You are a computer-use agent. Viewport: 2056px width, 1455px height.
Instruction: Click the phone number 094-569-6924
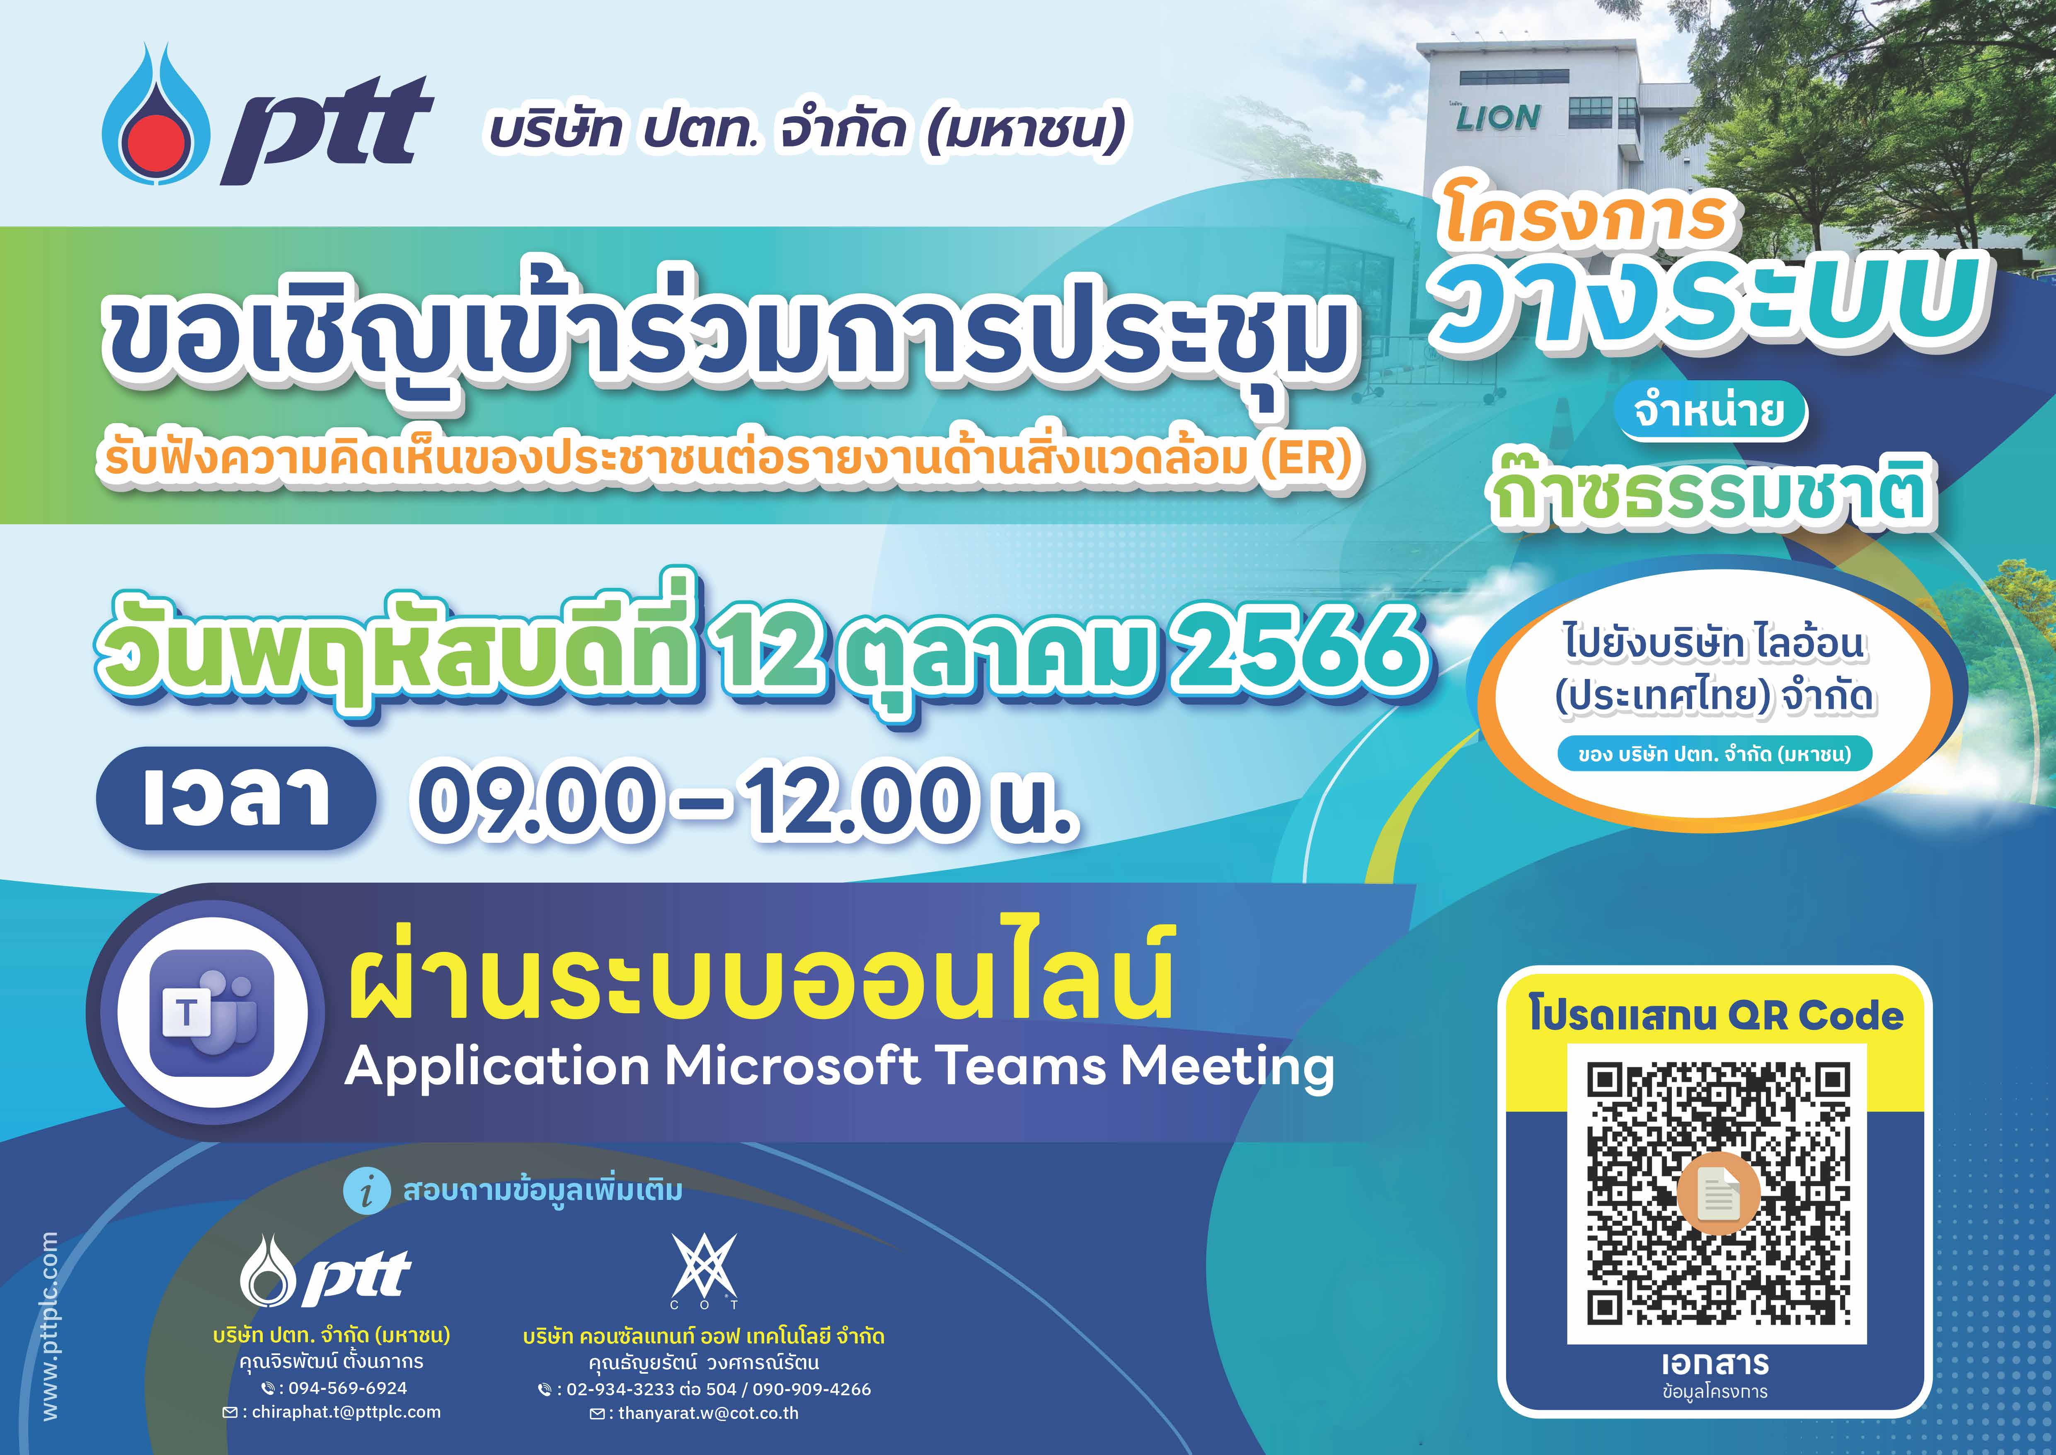coord(347,1388)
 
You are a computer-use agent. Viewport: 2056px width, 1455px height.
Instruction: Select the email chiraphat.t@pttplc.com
coord(346,1412)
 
